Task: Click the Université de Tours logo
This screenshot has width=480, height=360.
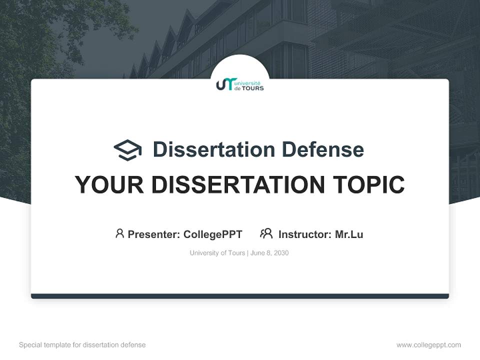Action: [239, 84]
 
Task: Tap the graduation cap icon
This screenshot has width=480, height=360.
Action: [127, 150]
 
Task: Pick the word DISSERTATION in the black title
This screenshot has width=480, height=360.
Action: [238, 185]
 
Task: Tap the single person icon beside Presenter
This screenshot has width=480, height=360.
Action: [119, 233]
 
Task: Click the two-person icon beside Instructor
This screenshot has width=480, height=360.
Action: [266, 233]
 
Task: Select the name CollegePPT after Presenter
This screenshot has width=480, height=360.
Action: [212, 234]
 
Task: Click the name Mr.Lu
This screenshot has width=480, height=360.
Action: [349, 234]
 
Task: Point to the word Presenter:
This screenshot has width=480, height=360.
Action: [154, 234]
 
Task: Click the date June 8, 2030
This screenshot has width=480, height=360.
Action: [269, 253]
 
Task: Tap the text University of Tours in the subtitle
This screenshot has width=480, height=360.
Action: [217, 253]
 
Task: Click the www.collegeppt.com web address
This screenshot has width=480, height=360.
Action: [428, 345]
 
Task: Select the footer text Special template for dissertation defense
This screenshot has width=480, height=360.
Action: [82, 345]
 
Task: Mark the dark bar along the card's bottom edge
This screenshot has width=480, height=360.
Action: [240, 296]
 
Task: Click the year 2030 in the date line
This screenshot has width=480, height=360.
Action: [281, 253]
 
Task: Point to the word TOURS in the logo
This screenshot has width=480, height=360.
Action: [252, 88]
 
